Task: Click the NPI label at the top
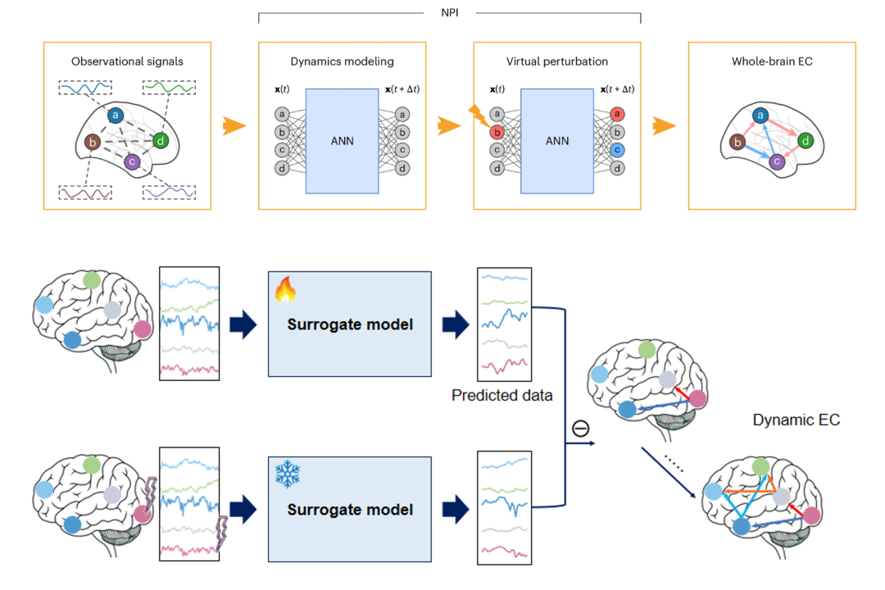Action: (x=449, y=13)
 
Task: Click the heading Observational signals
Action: (x=127, y=61)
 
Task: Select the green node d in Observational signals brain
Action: (x=161, y=140)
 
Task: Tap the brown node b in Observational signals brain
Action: (x=93, y=143)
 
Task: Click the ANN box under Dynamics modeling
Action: (x=342, y=140)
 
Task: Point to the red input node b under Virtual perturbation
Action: (x=497, y=132)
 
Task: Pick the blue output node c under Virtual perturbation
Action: (x=618, y=150)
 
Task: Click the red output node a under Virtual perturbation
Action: (x=618, y=114)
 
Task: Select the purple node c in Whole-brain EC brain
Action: (x=777, y=162)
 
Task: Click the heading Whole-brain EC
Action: (x=771, y=61)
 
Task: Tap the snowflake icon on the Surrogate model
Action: (x=288, y=474)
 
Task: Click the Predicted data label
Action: (x=502, y=395)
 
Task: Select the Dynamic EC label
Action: (x=796, y=420)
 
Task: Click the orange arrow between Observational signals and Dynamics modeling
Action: (x=234, y=127)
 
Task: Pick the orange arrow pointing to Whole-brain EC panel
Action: (x=665, y=127)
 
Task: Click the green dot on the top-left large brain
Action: (x=92, y=279)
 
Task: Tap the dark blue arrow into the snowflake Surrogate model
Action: (x=243, y=510)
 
